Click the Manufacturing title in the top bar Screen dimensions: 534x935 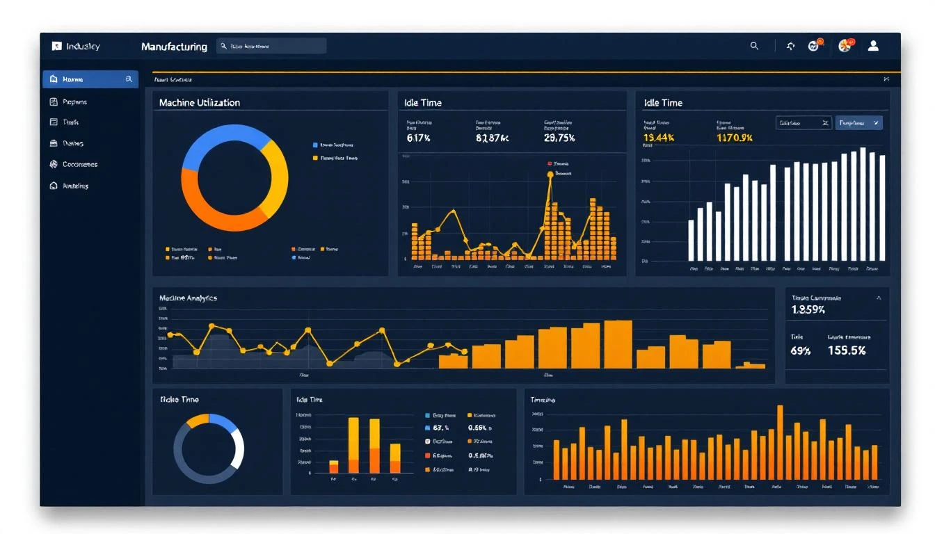174,47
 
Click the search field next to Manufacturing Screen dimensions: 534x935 271,47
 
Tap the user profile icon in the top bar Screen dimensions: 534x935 873,46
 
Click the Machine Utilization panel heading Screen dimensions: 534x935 200,103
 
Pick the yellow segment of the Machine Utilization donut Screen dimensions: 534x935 276,178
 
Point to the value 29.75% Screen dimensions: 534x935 559,138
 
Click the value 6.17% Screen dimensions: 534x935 419,138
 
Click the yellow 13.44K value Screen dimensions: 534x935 659,138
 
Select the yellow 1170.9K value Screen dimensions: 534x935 735,138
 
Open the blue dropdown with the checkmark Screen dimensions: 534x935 858,123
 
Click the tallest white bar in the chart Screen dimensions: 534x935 863,204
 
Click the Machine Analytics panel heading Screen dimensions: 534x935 188,298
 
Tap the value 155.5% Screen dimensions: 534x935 847,350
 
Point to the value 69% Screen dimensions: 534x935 801,350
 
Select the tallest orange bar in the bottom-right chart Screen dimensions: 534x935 780,442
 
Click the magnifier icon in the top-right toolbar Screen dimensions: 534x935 754,46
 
